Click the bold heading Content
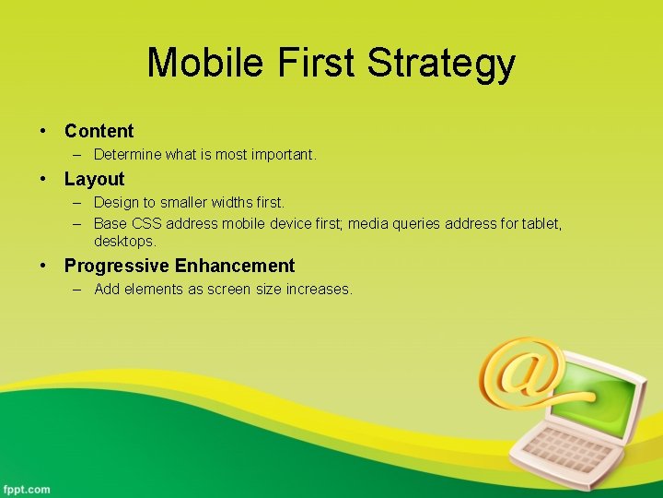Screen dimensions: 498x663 99,131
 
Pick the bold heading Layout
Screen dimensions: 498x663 94,179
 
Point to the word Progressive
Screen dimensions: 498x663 117,267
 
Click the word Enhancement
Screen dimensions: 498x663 235,267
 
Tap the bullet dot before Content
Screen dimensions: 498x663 43,132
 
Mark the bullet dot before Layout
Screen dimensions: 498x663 43,180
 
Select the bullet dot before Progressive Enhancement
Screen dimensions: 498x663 43,267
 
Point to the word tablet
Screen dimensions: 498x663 541,224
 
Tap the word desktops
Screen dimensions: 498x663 125,241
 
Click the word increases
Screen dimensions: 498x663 320,290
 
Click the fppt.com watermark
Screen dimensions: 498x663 27,489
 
